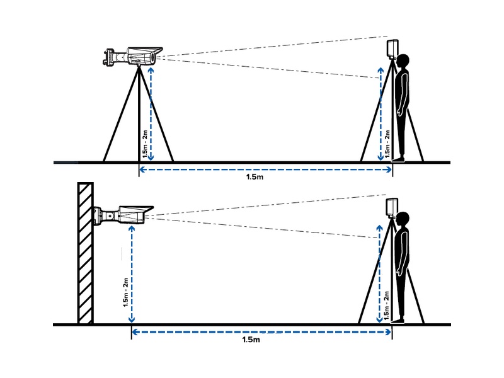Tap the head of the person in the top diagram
click(x=402, y=61)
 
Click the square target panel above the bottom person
click(x=392, y=207)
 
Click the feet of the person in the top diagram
click(x=398, y=160)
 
